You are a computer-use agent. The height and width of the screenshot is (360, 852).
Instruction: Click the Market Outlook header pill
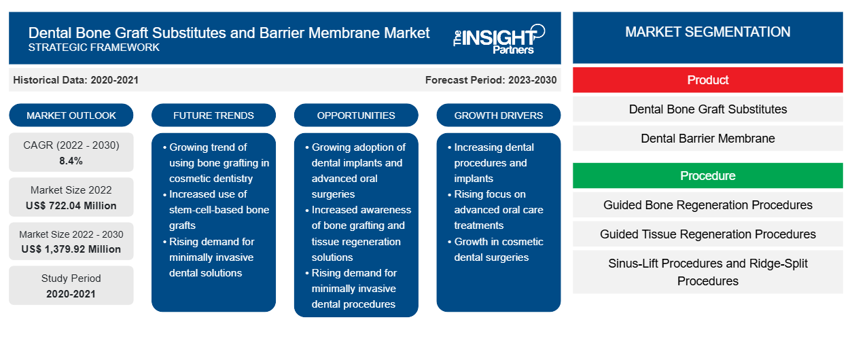tap(71, 115)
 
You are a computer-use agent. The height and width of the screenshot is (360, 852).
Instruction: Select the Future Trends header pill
tap(213, 115)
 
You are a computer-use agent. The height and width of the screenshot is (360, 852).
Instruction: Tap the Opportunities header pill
tap(356, 115)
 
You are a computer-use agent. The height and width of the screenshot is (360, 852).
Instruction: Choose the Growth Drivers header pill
tap(499, 115)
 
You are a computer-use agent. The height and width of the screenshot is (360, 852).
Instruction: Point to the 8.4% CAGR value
tap(71, 161)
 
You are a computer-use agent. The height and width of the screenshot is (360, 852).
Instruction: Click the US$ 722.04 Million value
tap(71, 205)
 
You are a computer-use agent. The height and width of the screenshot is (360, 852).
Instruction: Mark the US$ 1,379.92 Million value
tap(71, 249)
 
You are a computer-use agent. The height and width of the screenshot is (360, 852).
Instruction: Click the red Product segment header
tap(707, 80)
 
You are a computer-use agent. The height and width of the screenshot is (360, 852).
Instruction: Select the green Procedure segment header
tap(707, 176)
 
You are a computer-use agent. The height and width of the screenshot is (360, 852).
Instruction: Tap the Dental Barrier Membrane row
tap(707, 139)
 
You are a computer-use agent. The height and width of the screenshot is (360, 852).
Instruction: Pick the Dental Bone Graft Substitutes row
tap(707, 109)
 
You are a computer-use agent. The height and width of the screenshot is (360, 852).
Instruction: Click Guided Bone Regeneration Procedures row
tap(707, 205)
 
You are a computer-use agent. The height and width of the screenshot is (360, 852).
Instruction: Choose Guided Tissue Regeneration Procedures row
tap(707, 234)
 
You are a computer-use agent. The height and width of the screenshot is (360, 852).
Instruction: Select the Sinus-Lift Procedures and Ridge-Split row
tap(707, 272)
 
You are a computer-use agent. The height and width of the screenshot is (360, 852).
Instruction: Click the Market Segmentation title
tap(707, 32)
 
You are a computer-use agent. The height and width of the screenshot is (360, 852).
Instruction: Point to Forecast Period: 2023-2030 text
tap(491, 80)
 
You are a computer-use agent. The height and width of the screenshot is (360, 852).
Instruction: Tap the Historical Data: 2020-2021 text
tap(75, 80)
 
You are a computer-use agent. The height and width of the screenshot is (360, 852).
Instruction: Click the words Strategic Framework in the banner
tap(94, 48)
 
